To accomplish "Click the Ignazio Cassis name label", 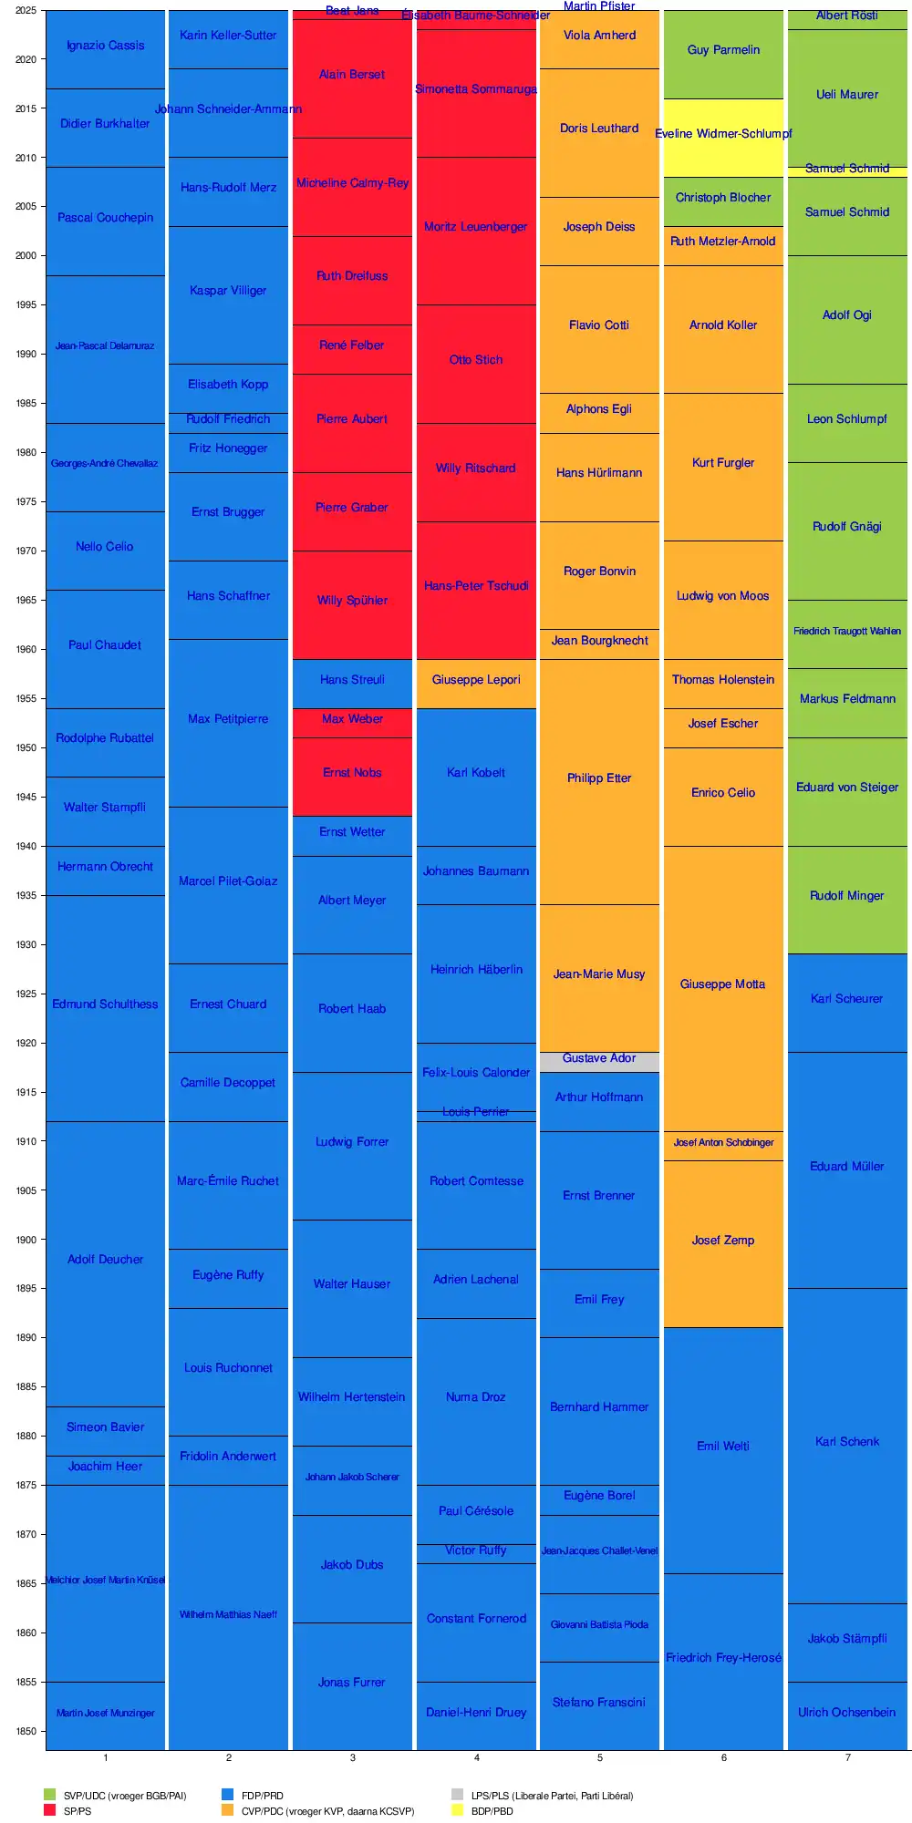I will (x=106, y=46).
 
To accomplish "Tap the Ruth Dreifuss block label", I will (x=352, y=276).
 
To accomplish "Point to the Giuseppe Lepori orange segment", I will (x=476, y=684).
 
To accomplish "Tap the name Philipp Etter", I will (x=599, y=778).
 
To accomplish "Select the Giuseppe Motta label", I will (x=723, y=984).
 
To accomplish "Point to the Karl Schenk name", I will (x=847, y=1442).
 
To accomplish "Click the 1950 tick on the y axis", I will (x=25, y=748).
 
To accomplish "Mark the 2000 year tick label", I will (x=25, y=256).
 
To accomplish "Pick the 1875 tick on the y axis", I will (x=25, y=1486).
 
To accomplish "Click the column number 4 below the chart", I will (x=476, y=1757).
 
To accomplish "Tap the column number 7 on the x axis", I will (x=847, y=1757).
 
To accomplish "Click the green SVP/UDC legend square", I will (x=49, y=1795).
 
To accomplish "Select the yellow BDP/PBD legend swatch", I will (x=457, y=1810).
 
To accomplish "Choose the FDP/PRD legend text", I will (x=263, y=1796).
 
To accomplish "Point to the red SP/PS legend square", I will (x=49, y=1810).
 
